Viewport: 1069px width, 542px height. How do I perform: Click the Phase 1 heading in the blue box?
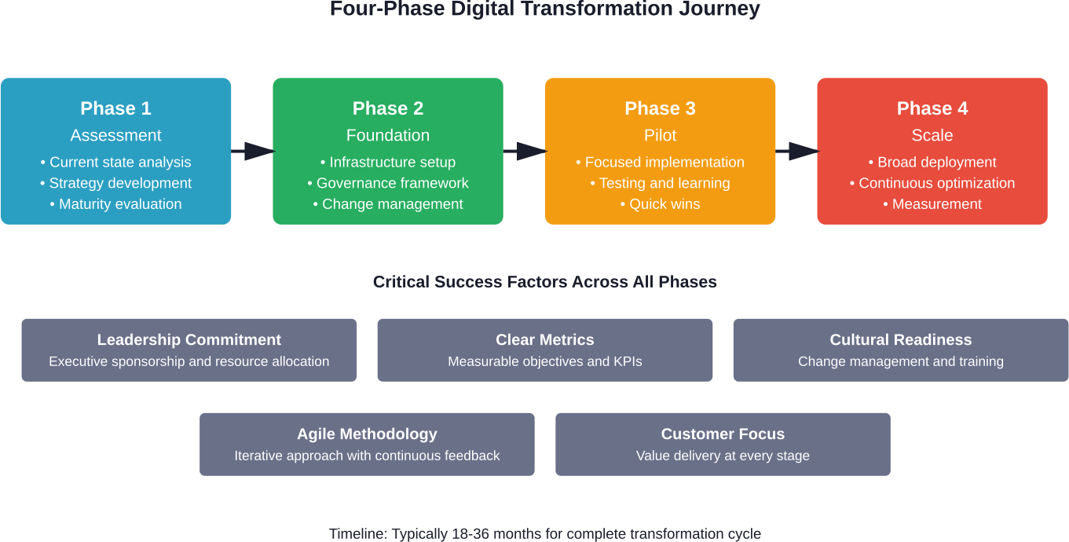coord(115,108)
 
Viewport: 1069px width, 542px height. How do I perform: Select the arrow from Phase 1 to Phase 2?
coord(252,151)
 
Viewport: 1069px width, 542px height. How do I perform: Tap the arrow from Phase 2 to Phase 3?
coord(525,151)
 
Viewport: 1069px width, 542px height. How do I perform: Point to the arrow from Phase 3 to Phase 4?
coord(796,151)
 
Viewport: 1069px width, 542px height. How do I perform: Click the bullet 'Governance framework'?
coord(388,183)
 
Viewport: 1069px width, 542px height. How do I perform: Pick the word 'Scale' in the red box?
coord(932,135)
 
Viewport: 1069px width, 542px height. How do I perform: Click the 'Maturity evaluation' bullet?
coord(115,204)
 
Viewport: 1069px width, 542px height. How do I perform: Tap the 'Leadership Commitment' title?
coord(189,340)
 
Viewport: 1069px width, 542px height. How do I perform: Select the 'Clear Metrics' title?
coord(545,340)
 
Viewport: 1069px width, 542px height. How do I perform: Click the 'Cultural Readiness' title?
coord(901,340)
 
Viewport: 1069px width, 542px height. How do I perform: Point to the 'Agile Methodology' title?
coord(367,434)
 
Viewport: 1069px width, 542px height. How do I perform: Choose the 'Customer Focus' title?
coord(723,434)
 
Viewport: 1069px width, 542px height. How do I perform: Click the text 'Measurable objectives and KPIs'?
coord(545,362)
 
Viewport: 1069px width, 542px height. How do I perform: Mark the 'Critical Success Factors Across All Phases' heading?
coord(545,282)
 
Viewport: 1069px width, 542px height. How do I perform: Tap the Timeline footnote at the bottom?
coord(545,534)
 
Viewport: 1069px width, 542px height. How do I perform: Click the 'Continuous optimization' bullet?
coord(932,183)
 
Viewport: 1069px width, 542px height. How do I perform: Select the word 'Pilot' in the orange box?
coord(660,135)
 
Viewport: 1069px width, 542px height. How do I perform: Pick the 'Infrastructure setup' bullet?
coord(388,163)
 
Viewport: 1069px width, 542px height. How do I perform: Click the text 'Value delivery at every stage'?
coord(723,456)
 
